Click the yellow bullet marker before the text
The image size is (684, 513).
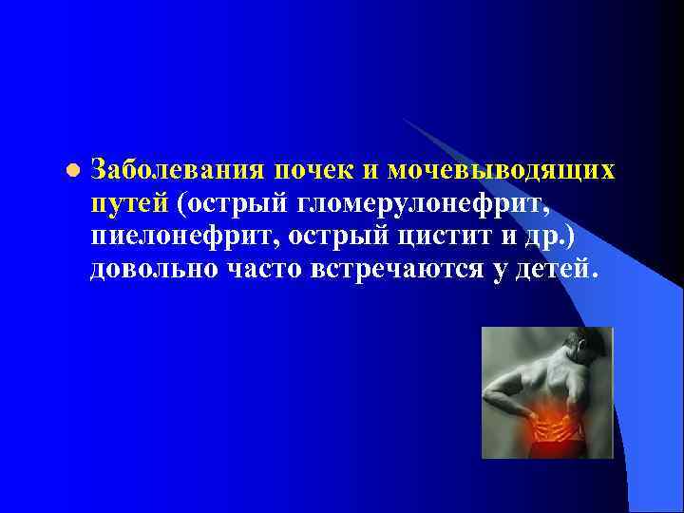72,171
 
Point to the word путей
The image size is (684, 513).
129,203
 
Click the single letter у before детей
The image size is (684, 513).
508,269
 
